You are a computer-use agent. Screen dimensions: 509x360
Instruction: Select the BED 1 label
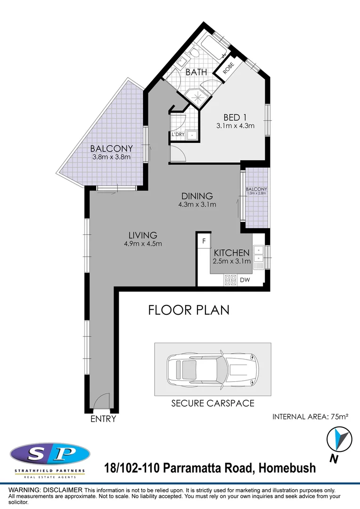coord(235,117)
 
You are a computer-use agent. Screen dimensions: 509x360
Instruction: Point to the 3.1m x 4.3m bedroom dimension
coord(235,126)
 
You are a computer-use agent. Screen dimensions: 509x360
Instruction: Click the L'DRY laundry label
coord(178,135)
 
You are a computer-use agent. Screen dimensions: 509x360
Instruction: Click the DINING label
coord(197,196)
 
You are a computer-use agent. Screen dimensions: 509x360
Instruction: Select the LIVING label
coord(143,235)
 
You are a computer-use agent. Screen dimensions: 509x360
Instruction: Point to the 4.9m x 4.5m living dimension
coord(143,244)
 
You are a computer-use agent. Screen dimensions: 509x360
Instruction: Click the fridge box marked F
coord(204,241)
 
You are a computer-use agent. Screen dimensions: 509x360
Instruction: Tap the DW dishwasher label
coord(245,280)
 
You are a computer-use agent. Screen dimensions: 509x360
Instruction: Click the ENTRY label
coord(103,419)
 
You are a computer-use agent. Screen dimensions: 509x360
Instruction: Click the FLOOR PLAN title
coord(188,310)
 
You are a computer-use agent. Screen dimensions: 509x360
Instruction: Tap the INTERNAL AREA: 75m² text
coord(310,417)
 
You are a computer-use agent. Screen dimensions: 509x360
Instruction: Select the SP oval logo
coord(49,455)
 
